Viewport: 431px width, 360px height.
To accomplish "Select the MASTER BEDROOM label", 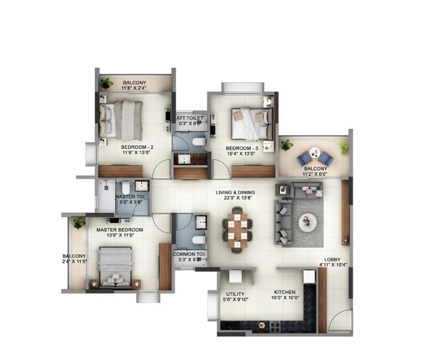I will coord(120,230).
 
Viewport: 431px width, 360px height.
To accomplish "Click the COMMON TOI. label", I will coord(190,254).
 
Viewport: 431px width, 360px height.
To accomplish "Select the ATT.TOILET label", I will coord(190,118).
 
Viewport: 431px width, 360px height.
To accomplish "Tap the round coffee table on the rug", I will coord(308,222).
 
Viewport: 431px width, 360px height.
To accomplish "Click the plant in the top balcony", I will coord(107,83).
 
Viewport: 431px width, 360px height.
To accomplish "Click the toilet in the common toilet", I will coord(198,239).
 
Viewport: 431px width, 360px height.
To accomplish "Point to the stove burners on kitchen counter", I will coord(275,326).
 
